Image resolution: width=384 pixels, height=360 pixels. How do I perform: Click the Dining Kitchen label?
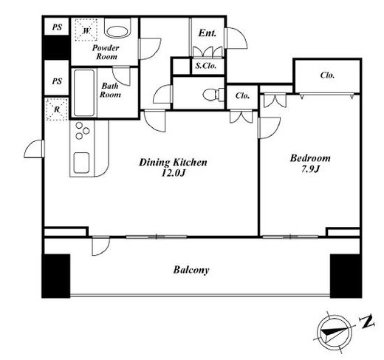click(x=173, y=163)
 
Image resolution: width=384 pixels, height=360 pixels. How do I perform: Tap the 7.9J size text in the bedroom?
click(x=310, y=169)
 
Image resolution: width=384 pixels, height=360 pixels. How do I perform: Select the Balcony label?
click(x=191, y=270)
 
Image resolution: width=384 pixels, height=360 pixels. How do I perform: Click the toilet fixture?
click(x=213, y=94)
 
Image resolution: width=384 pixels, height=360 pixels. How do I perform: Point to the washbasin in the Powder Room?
click(x=117, y=32)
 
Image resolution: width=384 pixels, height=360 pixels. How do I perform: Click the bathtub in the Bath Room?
click(x=84, y=93)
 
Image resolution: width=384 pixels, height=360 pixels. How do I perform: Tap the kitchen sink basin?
click(x=81, y=163)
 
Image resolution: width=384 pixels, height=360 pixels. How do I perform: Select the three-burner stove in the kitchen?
click(x=82, y=131)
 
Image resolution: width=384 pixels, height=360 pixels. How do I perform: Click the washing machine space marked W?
click(x=86, y=30)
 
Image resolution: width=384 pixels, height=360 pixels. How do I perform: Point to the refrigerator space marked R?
click(x=56, y=109)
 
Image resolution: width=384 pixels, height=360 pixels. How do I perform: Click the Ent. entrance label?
click(x=208, y=33)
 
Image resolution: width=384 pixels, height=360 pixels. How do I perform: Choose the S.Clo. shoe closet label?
click(x=206, y=66)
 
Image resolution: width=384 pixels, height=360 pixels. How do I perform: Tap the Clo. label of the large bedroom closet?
click(x=327, y=75)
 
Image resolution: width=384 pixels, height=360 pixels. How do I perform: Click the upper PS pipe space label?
click(x=57, y=27)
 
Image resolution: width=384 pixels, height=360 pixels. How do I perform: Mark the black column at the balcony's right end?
click(x=346, y=276)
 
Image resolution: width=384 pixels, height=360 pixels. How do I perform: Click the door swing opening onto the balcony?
click(x=100, y=246)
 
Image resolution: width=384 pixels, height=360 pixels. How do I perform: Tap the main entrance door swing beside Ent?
click(x=236, y=38)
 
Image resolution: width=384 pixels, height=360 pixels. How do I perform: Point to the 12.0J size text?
click(x=173, y=174)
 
